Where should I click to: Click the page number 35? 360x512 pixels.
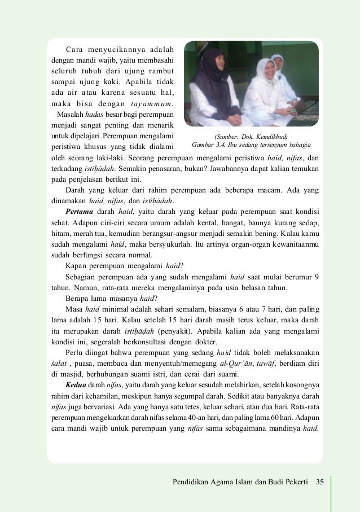[321, 482]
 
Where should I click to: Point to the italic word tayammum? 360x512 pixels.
[154, 103]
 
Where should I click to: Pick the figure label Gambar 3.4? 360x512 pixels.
[207, 145]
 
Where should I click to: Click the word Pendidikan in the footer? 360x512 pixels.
[195, 482]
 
